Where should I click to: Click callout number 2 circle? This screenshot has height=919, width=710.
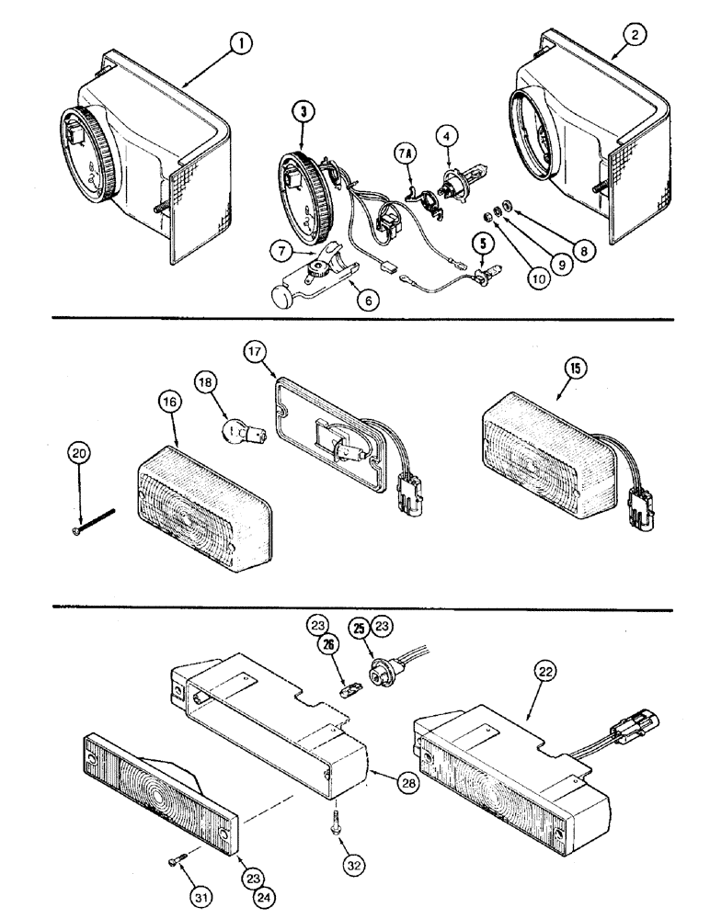636,36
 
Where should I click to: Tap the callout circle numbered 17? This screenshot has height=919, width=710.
255,352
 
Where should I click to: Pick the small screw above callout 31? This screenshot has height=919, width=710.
177,859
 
